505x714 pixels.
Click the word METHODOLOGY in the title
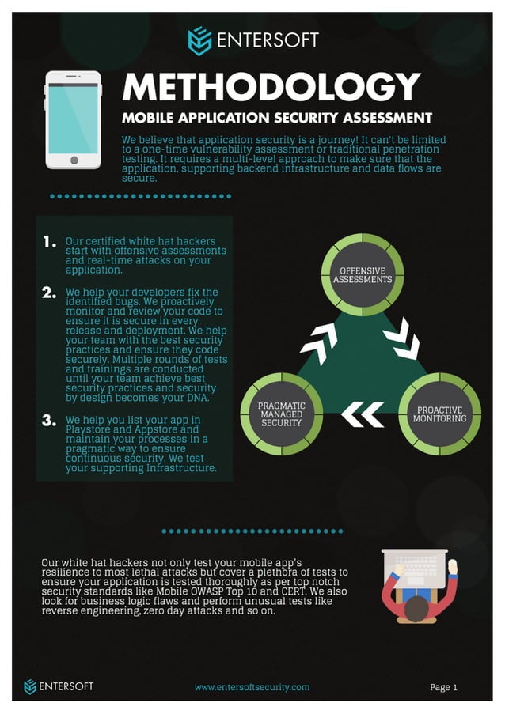(x=271, y=88)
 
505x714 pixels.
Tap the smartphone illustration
(x=73, y=119)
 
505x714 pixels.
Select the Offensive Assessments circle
(x=362, y=275)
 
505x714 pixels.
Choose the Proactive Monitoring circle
(x=439, y=414)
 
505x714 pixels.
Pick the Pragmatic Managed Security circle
(x=282, y=414)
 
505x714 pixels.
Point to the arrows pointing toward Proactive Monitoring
(x=401, y=338)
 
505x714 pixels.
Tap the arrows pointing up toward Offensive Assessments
(x=319, y=342)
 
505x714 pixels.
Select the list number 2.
(x=50, y=293)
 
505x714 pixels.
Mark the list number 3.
(x=50, y=420)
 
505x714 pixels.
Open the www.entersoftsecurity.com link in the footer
(x=252, y=687)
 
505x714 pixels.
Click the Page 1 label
(x=443, y=687)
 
